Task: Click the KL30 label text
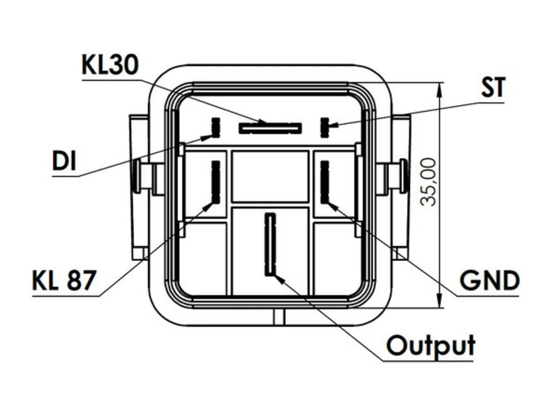click(110, 65)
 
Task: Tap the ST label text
click(493, 87)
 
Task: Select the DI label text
click(64, 160)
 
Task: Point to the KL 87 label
click(65, 280)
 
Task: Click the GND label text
click(490, 280)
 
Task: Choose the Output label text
click(431, 345)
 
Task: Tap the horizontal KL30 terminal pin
click(270, 128)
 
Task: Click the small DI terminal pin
click(216, 127)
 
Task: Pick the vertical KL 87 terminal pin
click(216, 182)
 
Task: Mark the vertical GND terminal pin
click(325, 182)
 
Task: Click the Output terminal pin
click(270, 245)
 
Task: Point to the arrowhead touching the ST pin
click(333, 125)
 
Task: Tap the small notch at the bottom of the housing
click(279, 317)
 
